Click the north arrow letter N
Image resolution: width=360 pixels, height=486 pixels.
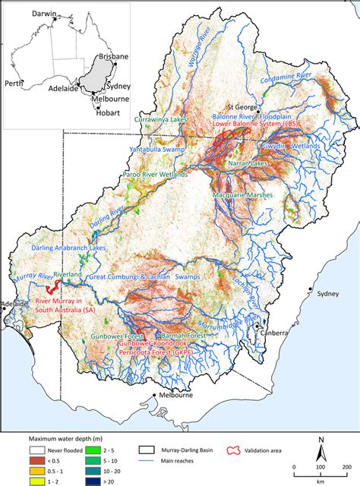pyautogui.click(x=323, y=440)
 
